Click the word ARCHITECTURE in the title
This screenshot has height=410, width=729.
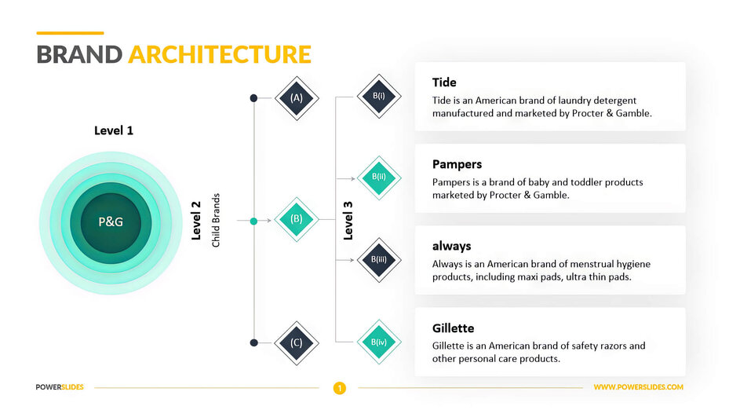(x=220, y=54)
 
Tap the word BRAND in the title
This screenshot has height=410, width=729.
(x=79, y=54)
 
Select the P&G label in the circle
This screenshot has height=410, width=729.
(x=111, y=221)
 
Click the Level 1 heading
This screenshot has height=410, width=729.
(x=114, y=130)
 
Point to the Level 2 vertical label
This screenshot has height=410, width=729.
(x=196, y=221)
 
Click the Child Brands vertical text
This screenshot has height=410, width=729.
(x=216, y=221)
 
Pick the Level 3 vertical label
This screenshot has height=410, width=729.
(x=348, y=221)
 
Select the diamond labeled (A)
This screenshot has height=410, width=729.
(x=297, y=98)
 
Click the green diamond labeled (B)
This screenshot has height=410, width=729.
(x=297, y=220)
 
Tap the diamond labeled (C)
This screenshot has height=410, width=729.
(x=297, y=342)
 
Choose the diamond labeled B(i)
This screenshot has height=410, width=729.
(x=379, y=97)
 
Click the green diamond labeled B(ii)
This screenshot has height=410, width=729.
(x=379, y=178)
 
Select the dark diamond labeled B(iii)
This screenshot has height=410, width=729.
(x=379, y=260)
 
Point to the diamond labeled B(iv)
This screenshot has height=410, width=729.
(x=379, y=342)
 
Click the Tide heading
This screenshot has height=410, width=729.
(x=444, y=82)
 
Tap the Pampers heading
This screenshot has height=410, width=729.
(x=457, y=164)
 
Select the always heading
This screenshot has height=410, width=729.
(x=452, y=246)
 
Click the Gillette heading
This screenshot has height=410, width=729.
(x=454, y=328)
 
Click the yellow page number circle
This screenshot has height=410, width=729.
(x=340, y=387)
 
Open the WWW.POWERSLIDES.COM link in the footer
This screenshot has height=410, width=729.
(x=638, y=387)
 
